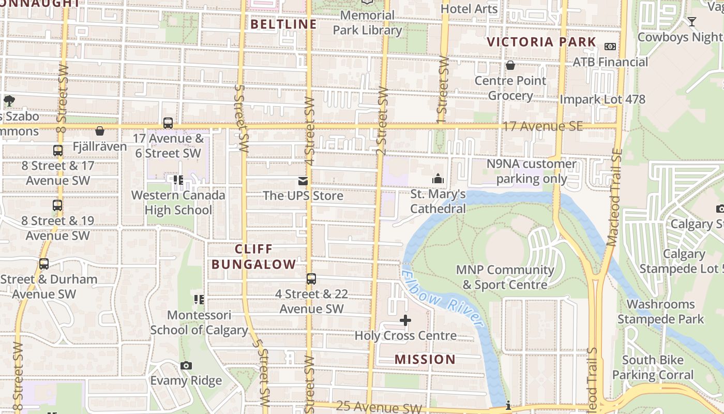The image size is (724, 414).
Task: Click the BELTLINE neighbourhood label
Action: [x=283, y=24]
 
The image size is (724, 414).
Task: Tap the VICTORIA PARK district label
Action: [x=541, y=42]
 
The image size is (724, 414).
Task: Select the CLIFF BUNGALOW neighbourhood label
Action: [x=253, y=257]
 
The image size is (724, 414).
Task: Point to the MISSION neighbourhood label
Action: [x=425, y=359]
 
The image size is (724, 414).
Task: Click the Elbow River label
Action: [x=443, y=299]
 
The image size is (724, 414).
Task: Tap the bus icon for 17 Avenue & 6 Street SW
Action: [x=168, y=123]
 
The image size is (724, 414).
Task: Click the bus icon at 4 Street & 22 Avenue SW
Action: [x=311, y=279]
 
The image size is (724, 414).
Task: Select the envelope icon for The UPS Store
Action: [x=303, y=181]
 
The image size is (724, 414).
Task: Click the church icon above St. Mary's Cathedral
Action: [x=438, y=179]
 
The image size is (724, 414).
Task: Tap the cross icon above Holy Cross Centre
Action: [x=405, y=321]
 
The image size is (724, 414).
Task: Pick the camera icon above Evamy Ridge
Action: [x=186, y=366]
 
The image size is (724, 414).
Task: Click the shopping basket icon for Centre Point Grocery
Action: [x=510, y=65]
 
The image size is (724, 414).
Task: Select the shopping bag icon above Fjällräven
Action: [x=99, y=131]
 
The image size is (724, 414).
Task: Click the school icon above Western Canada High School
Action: [x=178, y=180]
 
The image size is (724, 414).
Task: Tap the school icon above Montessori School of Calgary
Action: [x=199, y=300]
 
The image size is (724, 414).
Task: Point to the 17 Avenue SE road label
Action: [x=542, y=126]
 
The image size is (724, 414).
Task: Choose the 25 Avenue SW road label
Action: [x=379, y=407]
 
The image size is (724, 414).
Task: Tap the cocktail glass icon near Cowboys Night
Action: [x=692, y=22]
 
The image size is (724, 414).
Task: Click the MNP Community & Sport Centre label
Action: [x=505, y=277]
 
